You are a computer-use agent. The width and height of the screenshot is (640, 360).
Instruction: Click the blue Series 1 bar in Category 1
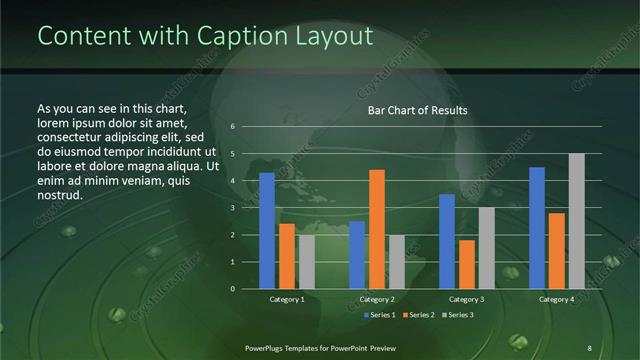pyautogui.click(x=267, y=231)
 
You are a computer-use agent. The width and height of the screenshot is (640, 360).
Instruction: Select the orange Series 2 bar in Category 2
pyautogui.click(x=377, y=229)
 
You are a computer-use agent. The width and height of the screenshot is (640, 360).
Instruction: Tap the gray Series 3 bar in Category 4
pyautogui.click(x=577, y=221)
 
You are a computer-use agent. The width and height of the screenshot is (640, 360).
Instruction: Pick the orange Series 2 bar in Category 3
pyautogui.click(x=467, y=264)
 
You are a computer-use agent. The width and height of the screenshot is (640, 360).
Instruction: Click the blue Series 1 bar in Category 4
pyautogui.click(x=537, y=228)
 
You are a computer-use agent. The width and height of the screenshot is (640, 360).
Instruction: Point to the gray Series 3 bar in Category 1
pyautogui.click(x=307, y=262)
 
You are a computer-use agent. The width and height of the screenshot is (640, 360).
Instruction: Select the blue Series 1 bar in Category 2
pyautogui.click(x=357, y=255)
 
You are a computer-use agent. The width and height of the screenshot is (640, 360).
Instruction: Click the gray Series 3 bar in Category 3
pyautogui.click(x=487, y=248)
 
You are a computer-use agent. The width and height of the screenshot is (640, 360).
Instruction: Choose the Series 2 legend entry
pyautogui.click(x=418, y=315)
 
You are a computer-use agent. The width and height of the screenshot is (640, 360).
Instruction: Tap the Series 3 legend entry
pyautogui.click(x=457, y=315)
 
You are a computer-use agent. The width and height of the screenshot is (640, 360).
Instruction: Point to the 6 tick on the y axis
pyautogui.click(x=232, y=127)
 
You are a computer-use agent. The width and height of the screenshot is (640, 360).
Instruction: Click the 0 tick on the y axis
pyautogui.click(x=232, y=289)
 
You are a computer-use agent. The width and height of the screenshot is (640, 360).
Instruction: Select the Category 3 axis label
pyautogui.click(x=467, y=299)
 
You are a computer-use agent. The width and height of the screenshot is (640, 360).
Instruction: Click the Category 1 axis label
pyautogui.click(x=287, y=299)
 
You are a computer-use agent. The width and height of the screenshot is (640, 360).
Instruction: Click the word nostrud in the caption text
pyautogui.click(x=59, y=194)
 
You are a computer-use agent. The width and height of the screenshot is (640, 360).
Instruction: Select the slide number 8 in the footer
pyautogui.click(x=589, y=346)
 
